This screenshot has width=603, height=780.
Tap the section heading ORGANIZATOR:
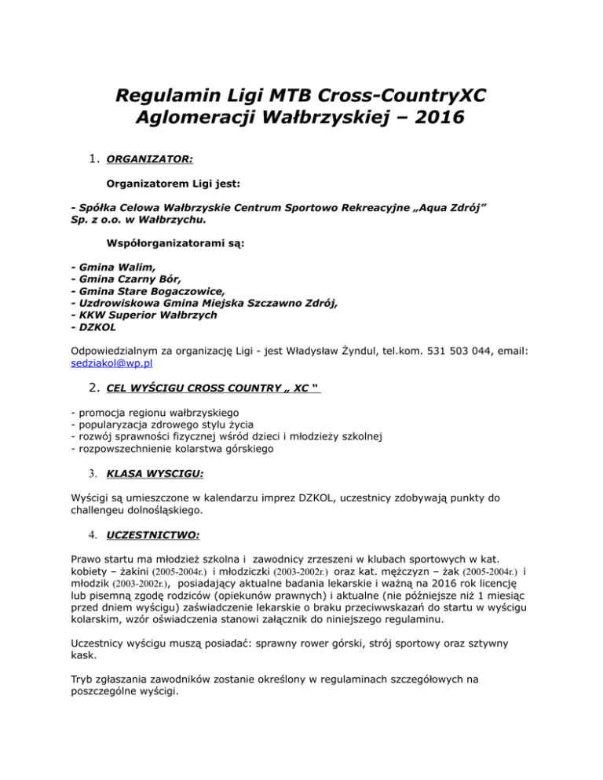(149, 159)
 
